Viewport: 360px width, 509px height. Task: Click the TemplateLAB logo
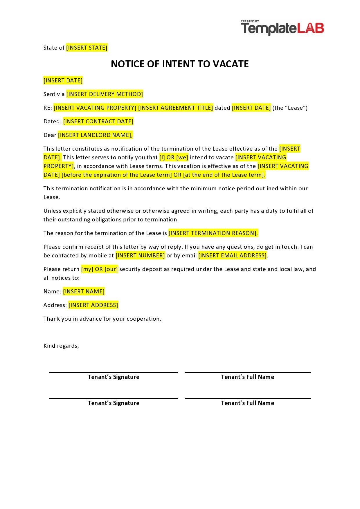282,28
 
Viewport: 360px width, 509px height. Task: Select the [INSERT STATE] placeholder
87,48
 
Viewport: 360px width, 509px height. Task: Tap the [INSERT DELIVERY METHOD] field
105,94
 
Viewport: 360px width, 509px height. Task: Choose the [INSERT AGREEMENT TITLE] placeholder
175,108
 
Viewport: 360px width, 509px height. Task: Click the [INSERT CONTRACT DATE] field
98,121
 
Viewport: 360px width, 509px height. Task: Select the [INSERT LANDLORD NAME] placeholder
95,135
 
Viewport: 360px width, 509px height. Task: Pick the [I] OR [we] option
174,157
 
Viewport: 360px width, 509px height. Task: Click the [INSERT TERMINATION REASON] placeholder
213,233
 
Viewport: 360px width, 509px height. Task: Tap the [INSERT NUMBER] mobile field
140,255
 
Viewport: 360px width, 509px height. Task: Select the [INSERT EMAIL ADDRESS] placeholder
232,255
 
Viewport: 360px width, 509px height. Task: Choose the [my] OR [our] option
99,269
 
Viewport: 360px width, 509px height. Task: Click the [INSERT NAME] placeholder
84,291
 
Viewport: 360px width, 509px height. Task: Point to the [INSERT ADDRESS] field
93,305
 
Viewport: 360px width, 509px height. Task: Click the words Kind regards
61,346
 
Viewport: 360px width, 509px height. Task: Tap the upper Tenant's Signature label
114,377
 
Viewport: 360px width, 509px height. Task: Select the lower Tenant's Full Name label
247,403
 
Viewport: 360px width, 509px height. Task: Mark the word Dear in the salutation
50,135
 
